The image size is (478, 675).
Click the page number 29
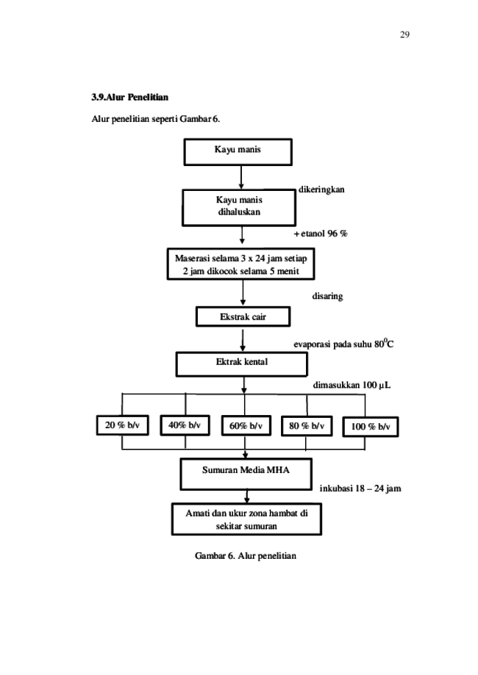tap(404, 35)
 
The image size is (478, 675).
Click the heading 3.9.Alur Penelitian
tap(129, 97)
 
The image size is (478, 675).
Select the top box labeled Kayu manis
tap(238, 152)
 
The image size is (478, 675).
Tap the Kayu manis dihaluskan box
tap(239, 207)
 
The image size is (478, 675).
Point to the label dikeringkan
tap(321, 189)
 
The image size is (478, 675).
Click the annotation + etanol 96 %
tap(321, 234)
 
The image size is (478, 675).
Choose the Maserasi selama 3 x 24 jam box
tap(241, 264)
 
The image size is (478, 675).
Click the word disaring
tap(327, 296)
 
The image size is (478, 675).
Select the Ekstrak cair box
tap(243, 317)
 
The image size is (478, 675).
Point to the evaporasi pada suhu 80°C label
tap(343, 344)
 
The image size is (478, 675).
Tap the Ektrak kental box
tap(242, 364)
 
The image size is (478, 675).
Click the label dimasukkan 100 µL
tap(352, 385)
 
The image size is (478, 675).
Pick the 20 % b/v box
tap(122, 425)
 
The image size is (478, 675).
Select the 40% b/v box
tap(185, 425)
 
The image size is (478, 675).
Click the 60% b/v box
tap(246, 426)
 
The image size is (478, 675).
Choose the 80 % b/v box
tap(307, 426)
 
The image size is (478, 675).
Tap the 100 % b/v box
tap(371, 427)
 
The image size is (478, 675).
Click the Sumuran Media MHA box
tap(246, 474)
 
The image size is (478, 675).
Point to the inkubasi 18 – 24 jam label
tap(360, 488)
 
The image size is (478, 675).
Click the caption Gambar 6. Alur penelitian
tap(246, 556)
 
